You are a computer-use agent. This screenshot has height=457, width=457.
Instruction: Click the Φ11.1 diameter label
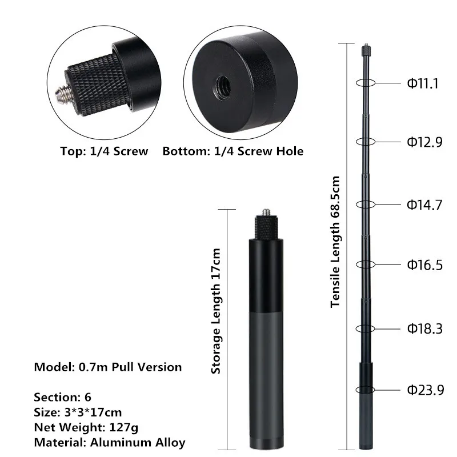423,83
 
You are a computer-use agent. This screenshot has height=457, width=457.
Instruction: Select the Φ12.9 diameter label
424,142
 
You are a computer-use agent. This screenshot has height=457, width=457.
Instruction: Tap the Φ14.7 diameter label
424,205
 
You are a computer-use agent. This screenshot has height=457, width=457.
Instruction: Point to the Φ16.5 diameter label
424,264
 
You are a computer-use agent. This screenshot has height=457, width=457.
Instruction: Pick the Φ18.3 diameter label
424,328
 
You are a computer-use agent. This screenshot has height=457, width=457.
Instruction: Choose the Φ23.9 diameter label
424,390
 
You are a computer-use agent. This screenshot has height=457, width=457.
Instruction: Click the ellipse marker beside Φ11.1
366,82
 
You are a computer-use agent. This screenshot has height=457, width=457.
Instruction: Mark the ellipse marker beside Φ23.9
365,390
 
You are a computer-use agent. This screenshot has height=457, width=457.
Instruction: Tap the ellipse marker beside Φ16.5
366,264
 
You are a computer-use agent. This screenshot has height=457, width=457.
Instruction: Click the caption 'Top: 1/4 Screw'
104,151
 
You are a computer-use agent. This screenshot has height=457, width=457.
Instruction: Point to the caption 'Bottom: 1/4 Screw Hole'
232,151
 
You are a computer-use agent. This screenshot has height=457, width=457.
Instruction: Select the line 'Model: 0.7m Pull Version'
108,367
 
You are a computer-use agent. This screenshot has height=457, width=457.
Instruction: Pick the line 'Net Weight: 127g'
86,427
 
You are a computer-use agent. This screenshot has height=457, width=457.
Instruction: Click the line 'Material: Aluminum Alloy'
109,442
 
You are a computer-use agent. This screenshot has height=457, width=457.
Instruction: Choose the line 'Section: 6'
62,397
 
